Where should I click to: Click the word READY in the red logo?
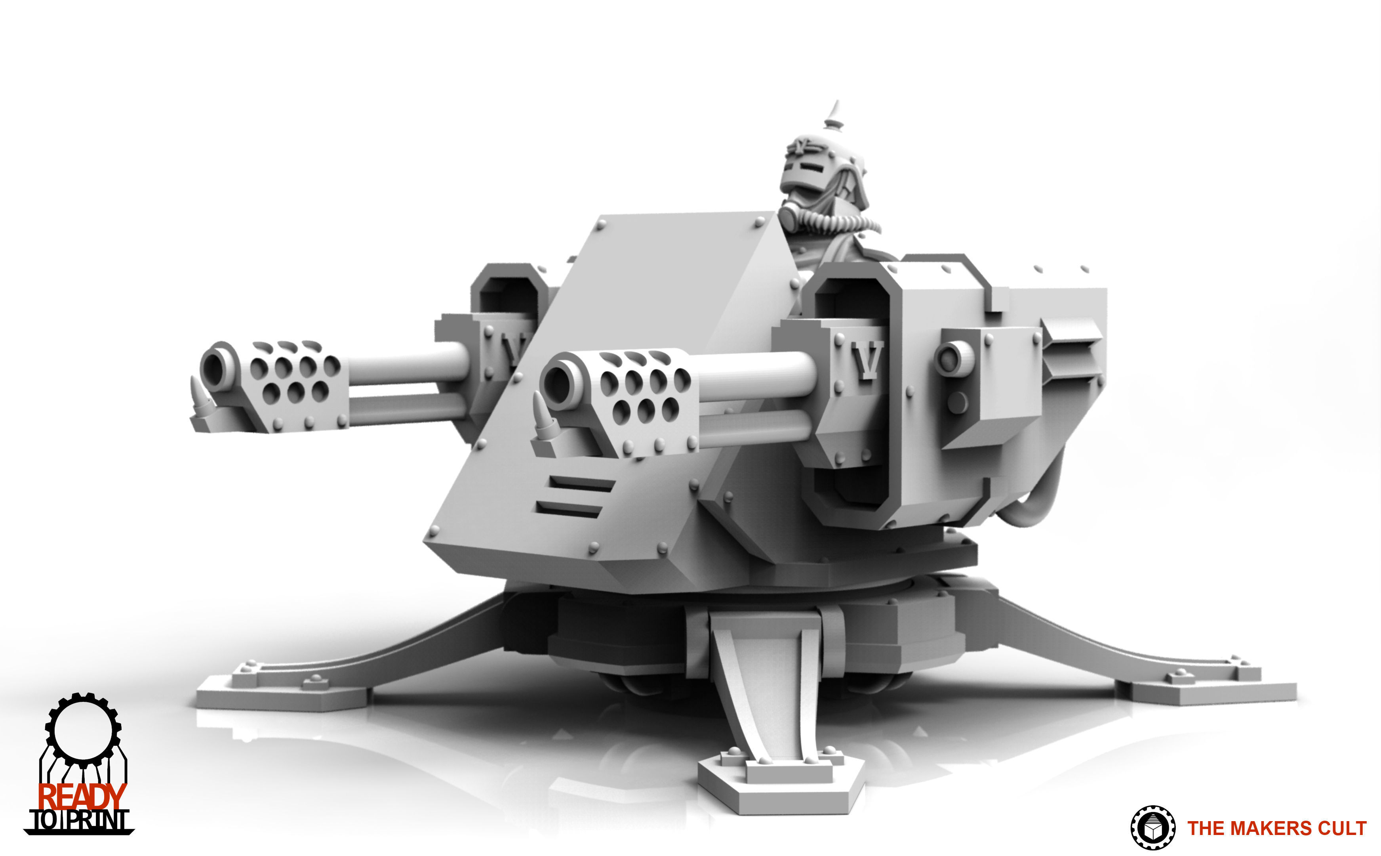point(82,797)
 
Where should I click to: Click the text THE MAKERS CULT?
point(1276,828)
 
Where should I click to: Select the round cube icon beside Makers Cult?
point(1152,828)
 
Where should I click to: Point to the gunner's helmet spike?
point(834,113)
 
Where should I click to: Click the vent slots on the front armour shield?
point(574,496)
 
